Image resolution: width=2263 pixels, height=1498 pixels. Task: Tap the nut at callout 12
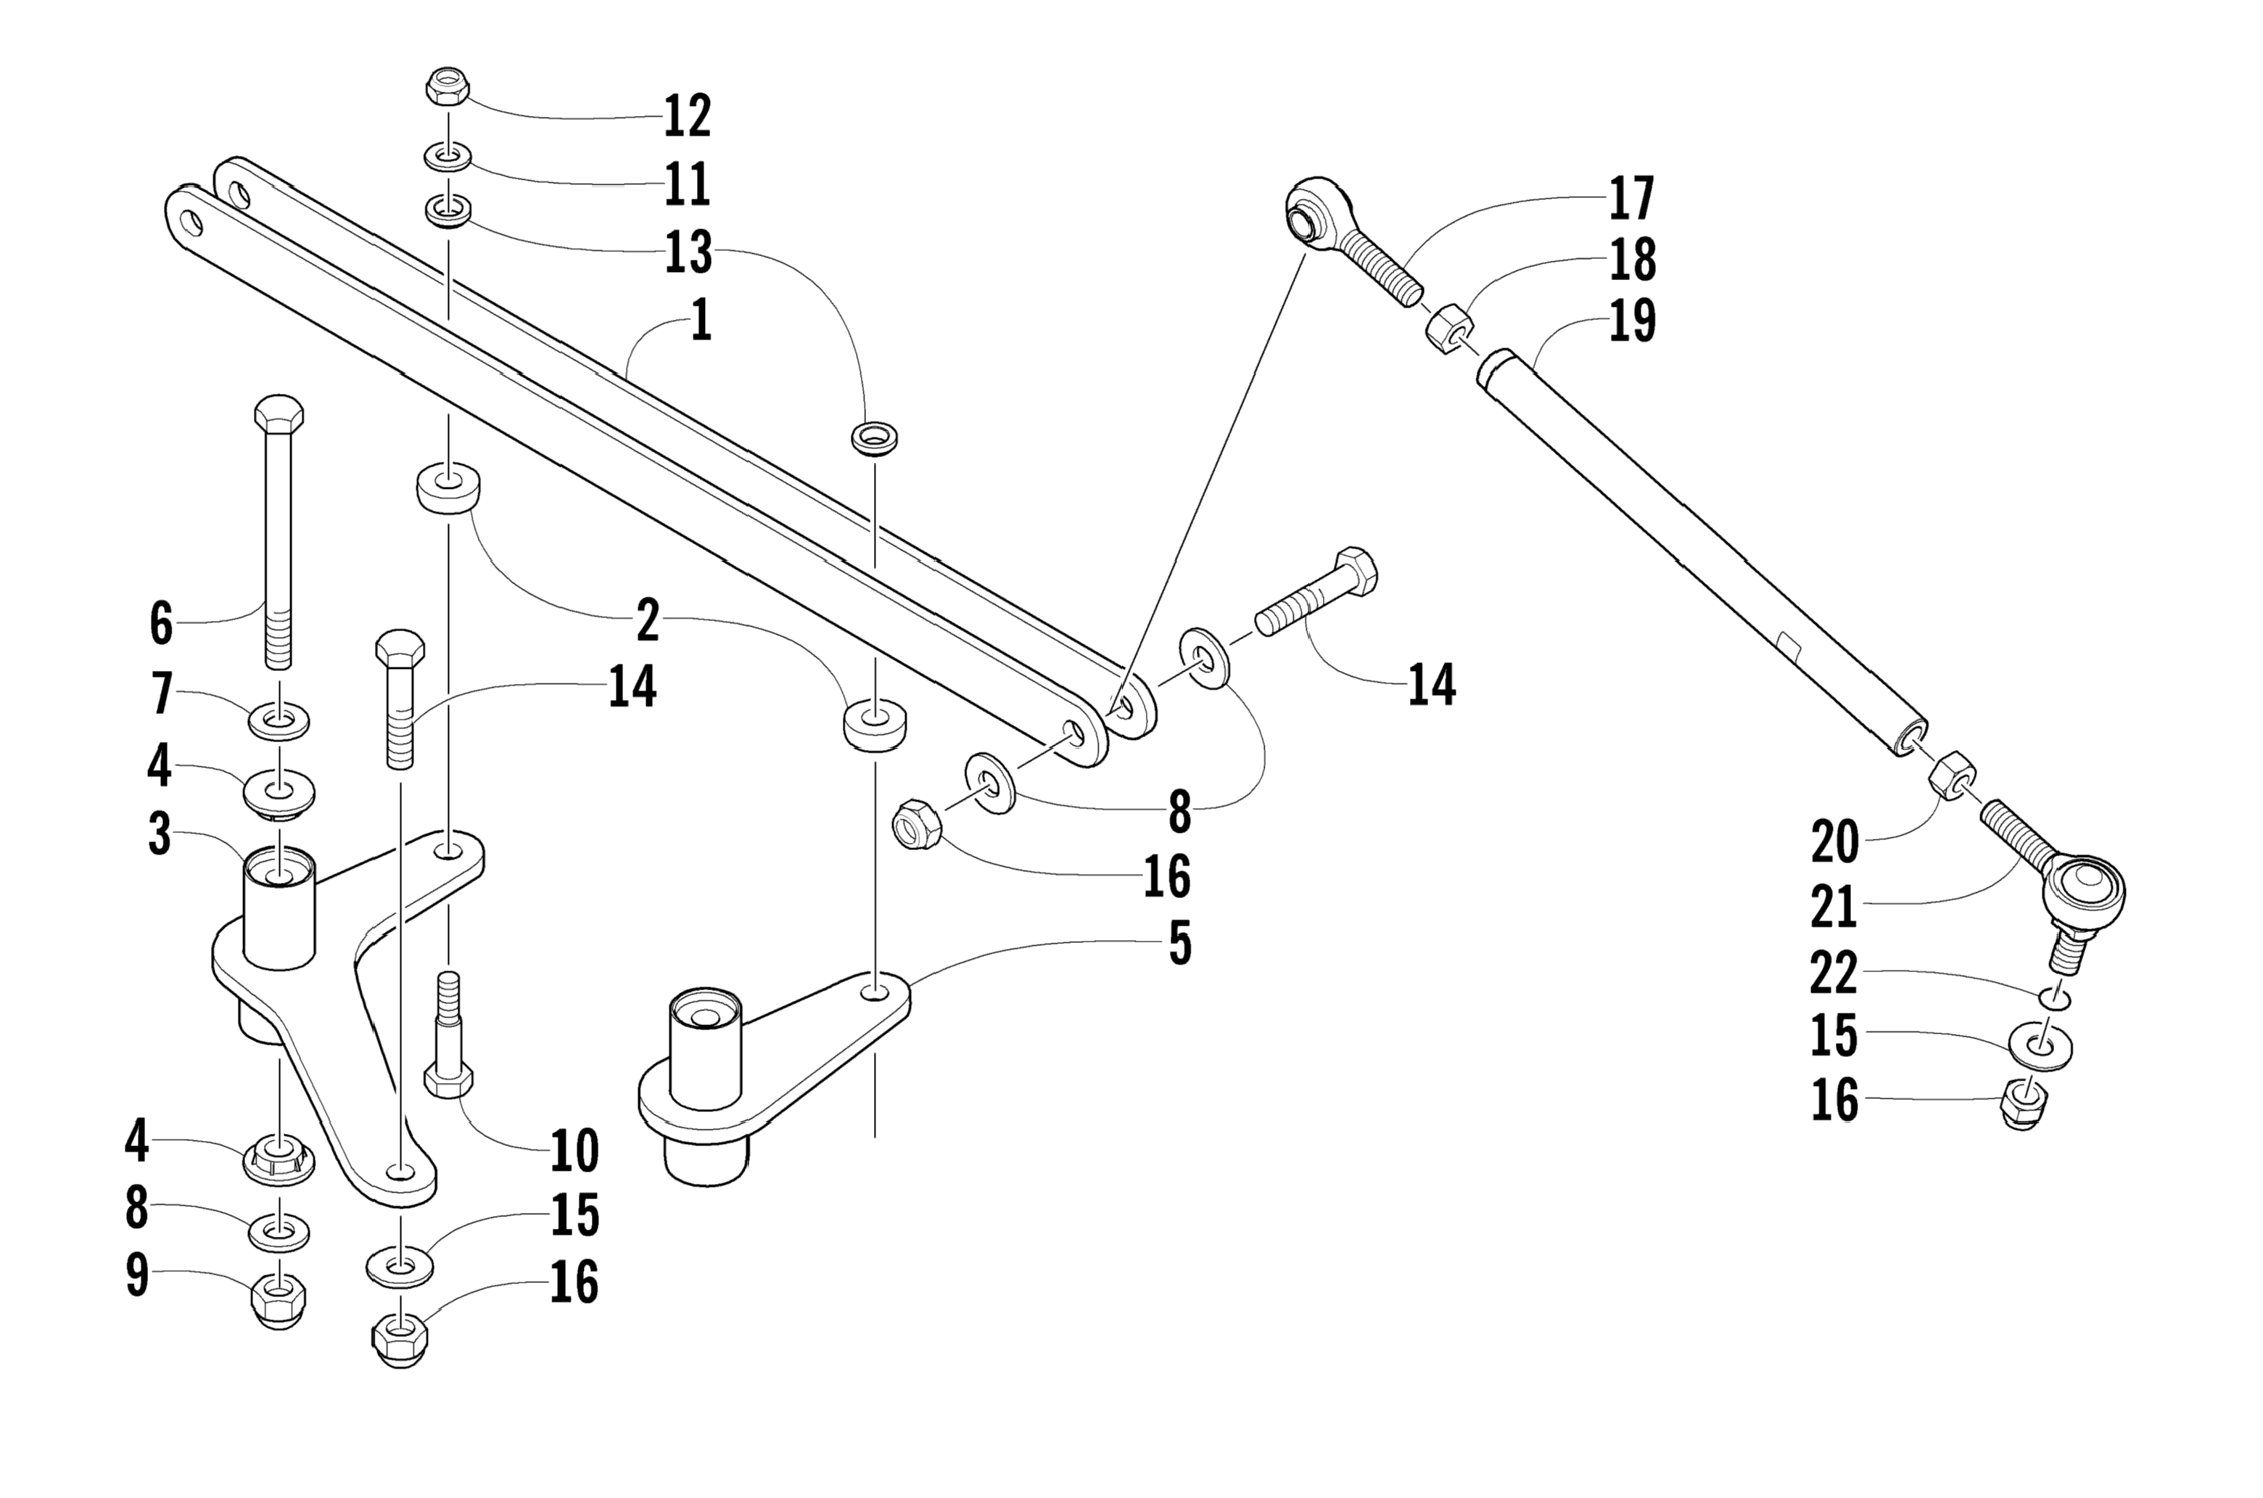446,87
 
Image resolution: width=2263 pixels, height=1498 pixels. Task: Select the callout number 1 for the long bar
701,321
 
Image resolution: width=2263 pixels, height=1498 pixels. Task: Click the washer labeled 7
279,720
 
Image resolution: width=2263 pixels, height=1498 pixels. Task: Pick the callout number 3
160,835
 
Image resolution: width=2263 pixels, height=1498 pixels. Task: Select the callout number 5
1181,944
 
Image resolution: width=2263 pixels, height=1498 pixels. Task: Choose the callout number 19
1633,321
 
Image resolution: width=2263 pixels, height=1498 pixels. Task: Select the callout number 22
1834,974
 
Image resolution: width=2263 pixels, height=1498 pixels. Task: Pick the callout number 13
689,252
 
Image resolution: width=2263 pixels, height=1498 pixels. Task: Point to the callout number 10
575,1151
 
